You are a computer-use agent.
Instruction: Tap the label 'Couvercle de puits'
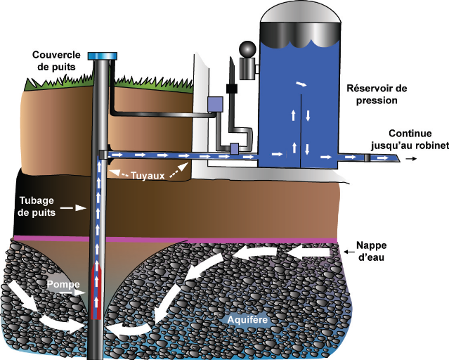coord(60,61)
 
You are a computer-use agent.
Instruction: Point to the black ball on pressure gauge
coord(247,50)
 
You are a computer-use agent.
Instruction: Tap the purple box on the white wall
coord(214,103)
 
